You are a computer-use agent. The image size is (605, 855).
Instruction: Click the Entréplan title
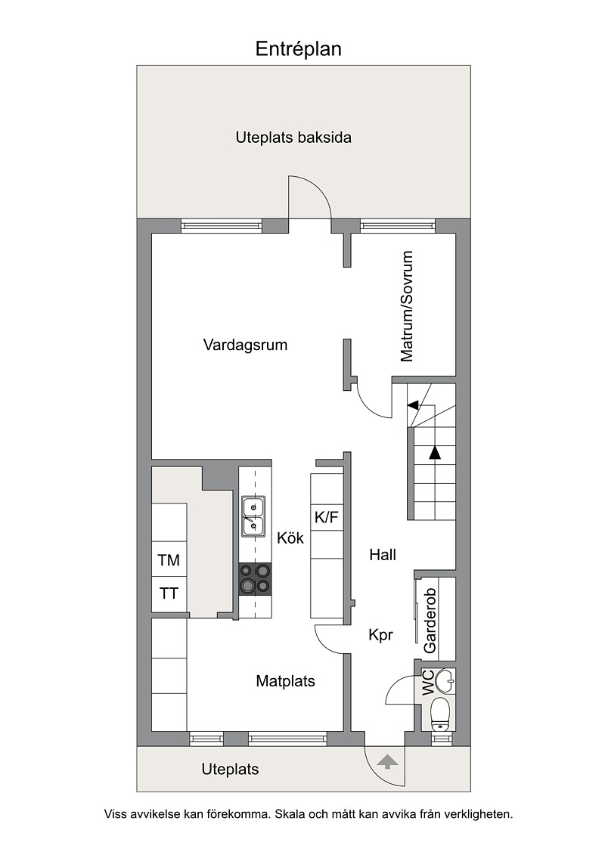pyautogui.click(x=299, y=49)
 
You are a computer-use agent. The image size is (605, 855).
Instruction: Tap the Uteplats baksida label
pyautogui.click(x=293, y=138)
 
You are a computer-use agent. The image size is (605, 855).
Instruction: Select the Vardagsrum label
pyautogui.click(x=245, y=345)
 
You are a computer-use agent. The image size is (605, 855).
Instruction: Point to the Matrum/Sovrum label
pyautogui.click(x=407, y=306)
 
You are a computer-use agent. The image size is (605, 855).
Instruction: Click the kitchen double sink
pyautogui.click(x=253, y=516)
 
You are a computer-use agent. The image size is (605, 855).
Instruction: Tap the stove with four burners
pyautogui.click(x=256, y=579)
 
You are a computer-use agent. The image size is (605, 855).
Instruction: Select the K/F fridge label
pyautogui.click(x=327, y=517)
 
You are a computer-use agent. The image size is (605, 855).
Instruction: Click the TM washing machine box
pyautogui.click(x=169, y=560)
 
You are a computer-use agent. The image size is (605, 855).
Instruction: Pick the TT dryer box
pyautogui.click(x=169, y=593)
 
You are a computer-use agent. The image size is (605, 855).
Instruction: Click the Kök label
pyautogui.click(x=290, y=538)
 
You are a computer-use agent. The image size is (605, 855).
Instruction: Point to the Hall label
pyautogui.click(x=383, y=555)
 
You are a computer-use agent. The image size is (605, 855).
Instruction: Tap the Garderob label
pyautogui.click(x=430, y=621)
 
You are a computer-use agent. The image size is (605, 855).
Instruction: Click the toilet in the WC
pyautogui.click(x=439, y=715)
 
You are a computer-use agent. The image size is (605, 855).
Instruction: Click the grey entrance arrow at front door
pyautogui.click(x=386, y=761)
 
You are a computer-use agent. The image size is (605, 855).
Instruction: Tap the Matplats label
pyautogui.click(x=285, y=681)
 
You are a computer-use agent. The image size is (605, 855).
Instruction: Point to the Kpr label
pyautogui.click(x=381, y=635)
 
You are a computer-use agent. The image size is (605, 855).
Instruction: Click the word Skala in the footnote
pyautogui.click(x=290, y=815)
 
